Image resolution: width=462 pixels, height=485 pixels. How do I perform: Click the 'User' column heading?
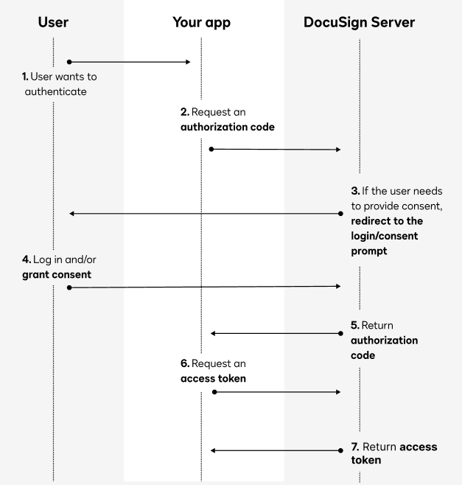[53, 23]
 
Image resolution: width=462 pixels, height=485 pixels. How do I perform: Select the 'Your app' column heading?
[201, 23]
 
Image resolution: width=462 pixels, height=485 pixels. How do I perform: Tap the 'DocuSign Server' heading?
[359, 23]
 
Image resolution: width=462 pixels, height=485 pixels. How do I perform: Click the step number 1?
[24, 77]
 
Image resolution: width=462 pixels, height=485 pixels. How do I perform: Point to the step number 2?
[184, 112]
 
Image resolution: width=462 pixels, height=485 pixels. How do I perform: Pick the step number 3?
[354, 192]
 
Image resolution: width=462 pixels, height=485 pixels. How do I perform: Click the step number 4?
[26, 259]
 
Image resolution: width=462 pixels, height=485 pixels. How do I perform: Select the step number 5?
[354, 325]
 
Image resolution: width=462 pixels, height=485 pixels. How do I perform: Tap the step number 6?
[184, 363]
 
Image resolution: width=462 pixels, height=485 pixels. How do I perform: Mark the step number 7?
[354, 447]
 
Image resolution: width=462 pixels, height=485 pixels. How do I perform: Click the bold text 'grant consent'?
[56, 274]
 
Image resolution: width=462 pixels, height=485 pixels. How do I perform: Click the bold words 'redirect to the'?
[387, 221]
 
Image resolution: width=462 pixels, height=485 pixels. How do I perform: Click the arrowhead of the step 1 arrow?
[188, 62]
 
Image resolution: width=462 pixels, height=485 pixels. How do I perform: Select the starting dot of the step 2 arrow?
[211, 149]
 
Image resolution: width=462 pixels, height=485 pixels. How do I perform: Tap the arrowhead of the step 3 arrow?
[71, 214]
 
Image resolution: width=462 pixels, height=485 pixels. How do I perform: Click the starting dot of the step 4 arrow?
[69, 287]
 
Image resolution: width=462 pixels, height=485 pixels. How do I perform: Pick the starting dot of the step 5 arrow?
[341, 333]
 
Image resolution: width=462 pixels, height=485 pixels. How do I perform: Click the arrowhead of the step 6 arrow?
[338, 392]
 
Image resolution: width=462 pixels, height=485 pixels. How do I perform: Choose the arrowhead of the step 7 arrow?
[213, 450]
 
